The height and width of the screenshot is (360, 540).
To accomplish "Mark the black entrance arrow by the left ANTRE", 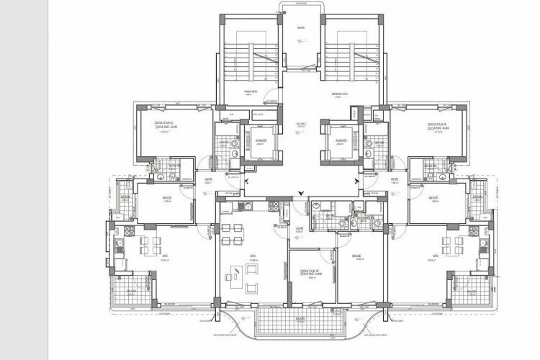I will pos(247,181).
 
